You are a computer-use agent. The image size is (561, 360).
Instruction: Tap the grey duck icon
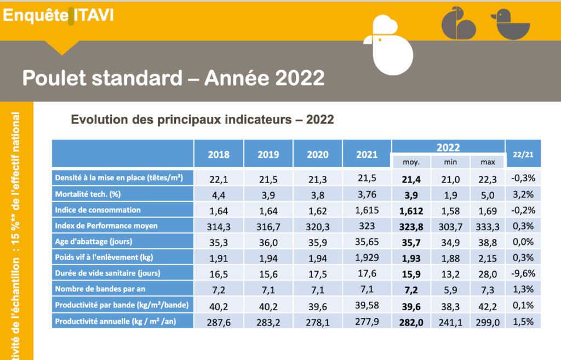(x=511, y=25)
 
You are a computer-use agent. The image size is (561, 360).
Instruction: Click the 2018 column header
(x=219, y=155)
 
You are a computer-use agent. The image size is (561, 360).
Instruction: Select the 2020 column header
(x=318, y=155)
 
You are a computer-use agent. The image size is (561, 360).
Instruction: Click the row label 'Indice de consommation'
(x=98, y=210)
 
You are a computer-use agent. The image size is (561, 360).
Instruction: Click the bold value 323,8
(x=413, y=226)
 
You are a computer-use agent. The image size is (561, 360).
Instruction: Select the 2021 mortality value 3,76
(x=367, y=194)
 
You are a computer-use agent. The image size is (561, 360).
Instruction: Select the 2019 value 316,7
(x=268, y=226)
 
